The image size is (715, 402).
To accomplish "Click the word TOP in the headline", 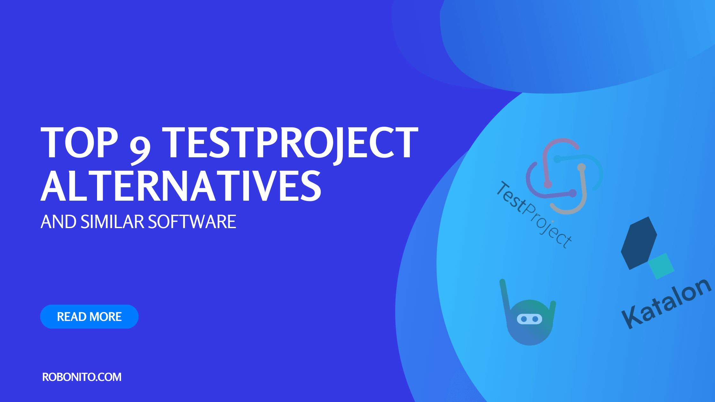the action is pyautogui.click(x=79, y=142).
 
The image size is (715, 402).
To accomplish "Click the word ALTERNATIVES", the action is pyautogui.click(x=181, y=186).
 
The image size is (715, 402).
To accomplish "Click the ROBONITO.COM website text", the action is pyautogui.click(x=82, y=377).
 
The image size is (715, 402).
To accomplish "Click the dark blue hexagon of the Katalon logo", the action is pyautogui.click(x=639, y=243).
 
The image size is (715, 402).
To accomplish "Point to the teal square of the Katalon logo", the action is pyautogui.click(x=661, y=266).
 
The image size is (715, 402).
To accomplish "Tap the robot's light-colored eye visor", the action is pyautogui.click(x=529, y=319).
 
